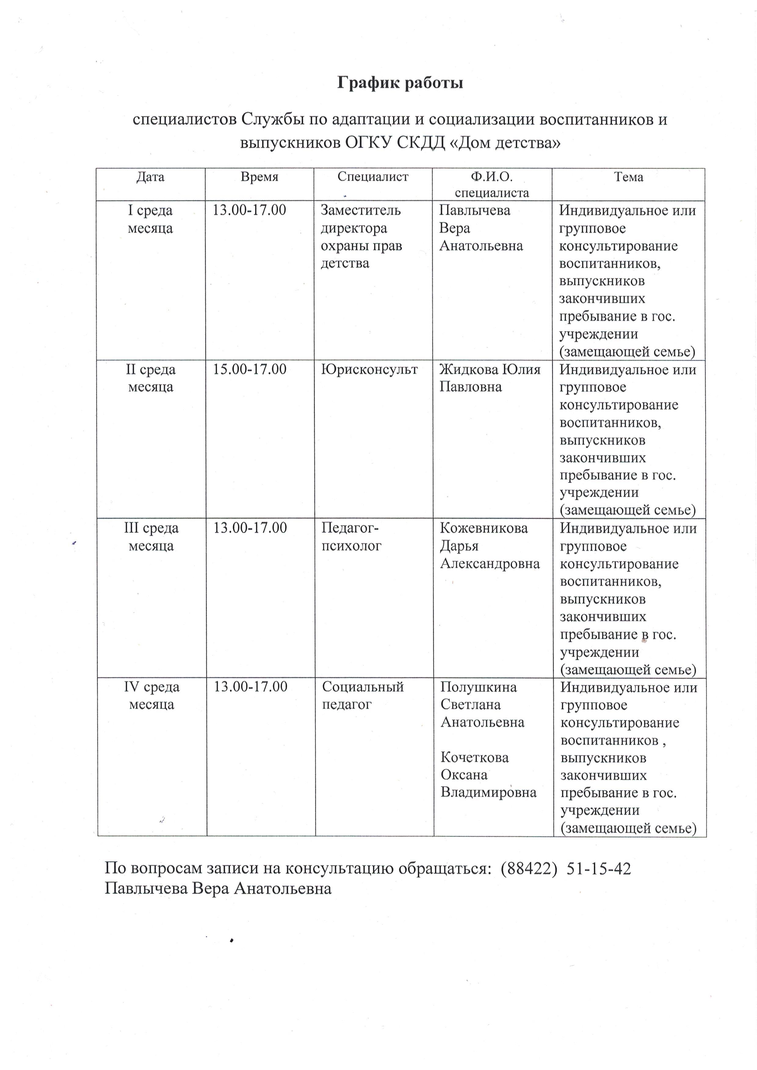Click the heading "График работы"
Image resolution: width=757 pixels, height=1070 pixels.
400,83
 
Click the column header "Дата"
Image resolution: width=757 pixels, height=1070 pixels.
150,177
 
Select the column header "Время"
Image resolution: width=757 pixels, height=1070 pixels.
259,177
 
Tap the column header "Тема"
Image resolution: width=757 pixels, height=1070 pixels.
628,177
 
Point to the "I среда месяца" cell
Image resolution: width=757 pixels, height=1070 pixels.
150,219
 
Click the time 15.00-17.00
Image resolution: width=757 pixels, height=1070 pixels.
250,369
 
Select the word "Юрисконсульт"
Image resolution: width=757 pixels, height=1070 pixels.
370,369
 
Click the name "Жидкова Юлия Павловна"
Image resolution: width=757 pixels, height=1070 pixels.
489,378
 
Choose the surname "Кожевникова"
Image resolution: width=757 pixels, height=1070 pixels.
484,528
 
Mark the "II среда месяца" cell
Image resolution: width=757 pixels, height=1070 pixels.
150,378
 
